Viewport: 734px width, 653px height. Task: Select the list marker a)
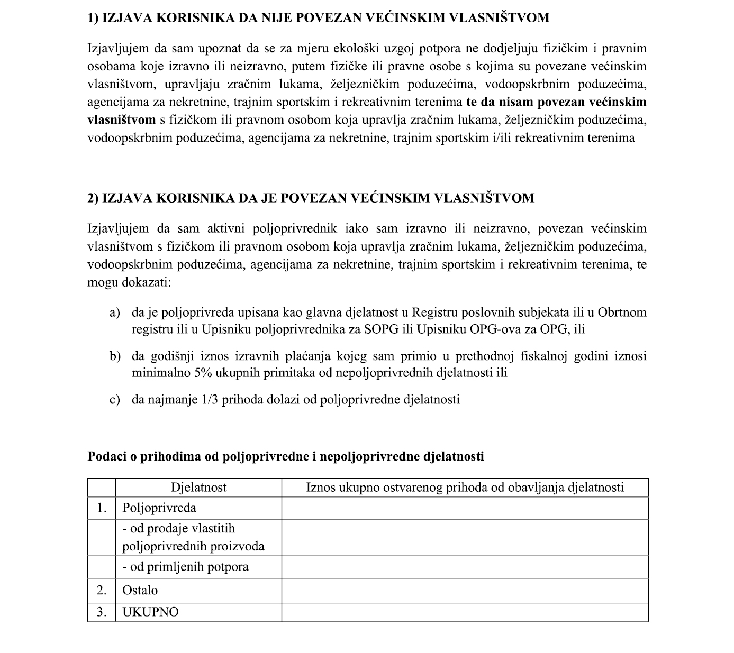(x=115, y=312)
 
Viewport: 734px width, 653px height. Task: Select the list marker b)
(x=115, y=356)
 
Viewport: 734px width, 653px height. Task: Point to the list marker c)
(x=114, y=399)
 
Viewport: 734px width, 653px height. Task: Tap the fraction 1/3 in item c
(x=210, y=399)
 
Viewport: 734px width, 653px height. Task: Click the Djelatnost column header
(x=198, y=488)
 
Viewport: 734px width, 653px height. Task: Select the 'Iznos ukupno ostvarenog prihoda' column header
(x=465, y=488)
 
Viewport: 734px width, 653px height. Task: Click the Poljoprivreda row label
(x=159, y=508)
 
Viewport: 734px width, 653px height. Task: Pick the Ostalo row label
(x=140, y=591)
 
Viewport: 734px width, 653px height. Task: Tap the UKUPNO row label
(x=151, y=612)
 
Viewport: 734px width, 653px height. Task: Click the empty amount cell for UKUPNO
(x=465, y=612)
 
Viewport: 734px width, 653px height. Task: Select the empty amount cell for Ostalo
(x=465, y=591)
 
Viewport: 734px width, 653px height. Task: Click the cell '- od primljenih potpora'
(x=185, y=567)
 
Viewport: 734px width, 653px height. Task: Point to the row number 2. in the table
(x=102, y=591)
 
